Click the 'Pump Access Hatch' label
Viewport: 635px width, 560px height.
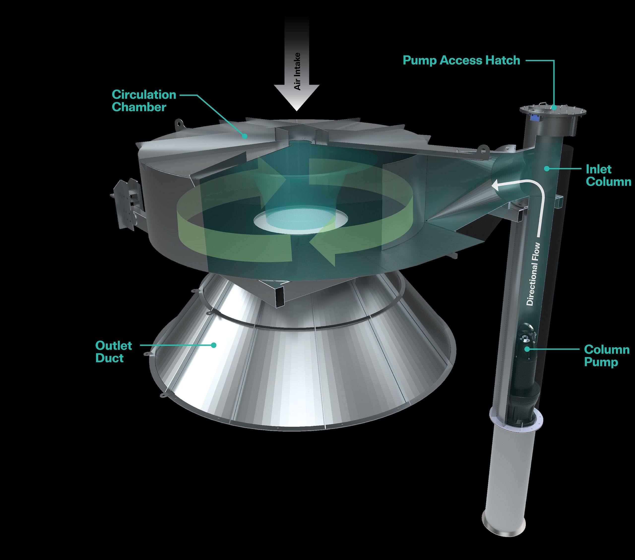pyautogui.click(x=461, y=60)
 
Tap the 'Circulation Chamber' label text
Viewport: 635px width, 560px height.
pyautogui.click(x=144, y=101)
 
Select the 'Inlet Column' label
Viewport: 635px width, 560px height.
pyautogui.click(x=608, y=176)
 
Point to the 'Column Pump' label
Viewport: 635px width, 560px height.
pyautogui.click(x=606, y=356)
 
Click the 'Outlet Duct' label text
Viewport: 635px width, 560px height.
pyautogui.click(x=113, y=352)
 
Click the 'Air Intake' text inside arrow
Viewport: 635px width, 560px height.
pyautogui.click(x=297, y=71)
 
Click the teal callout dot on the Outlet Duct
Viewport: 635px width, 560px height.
pyautogui.click(x=213, y=345)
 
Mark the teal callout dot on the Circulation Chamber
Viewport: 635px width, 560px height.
pyautogui.click(x=245, y=136)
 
